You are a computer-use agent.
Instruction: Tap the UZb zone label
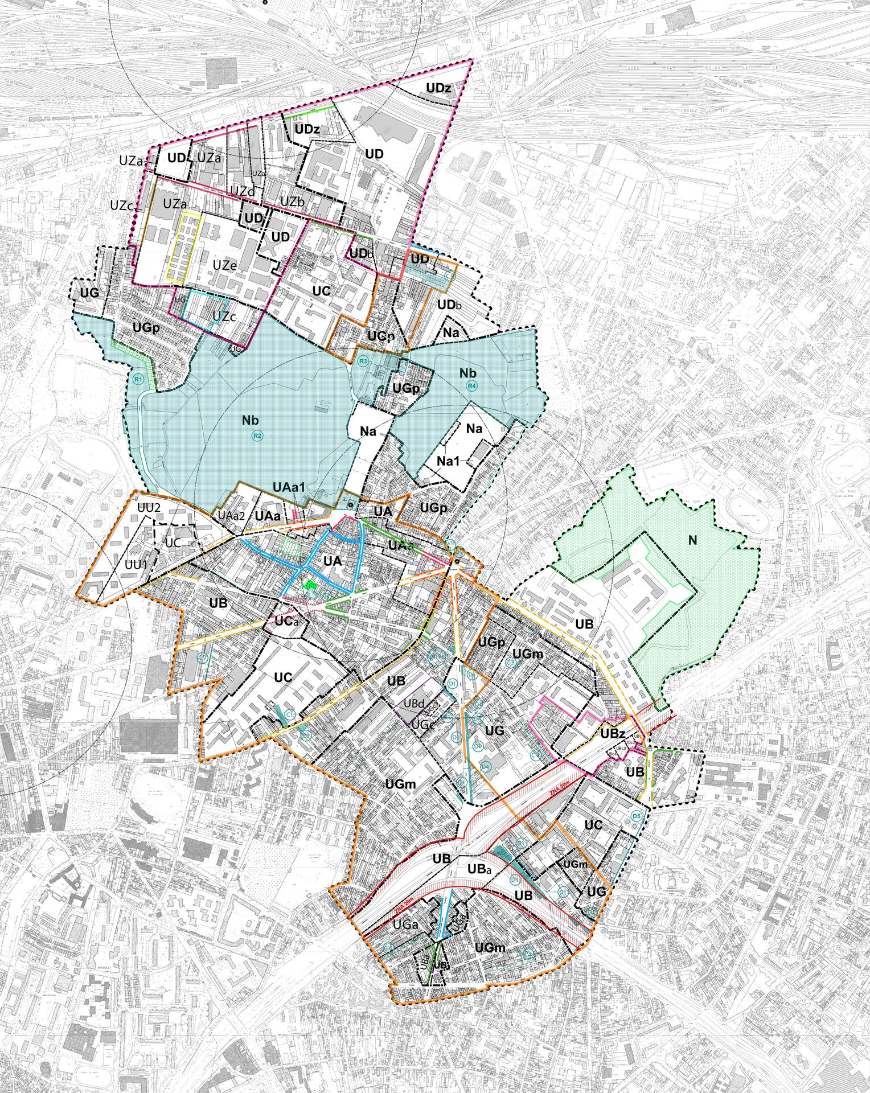tap(293, 202)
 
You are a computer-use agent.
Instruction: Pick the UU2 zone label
tap(150, 507)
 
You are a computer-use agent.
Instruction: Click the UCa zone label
tap(287, 621)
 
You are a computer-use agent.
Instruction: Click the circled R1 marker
tap(137, 379)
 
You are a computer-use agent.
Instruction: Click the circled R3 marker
tap(363, 361)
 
